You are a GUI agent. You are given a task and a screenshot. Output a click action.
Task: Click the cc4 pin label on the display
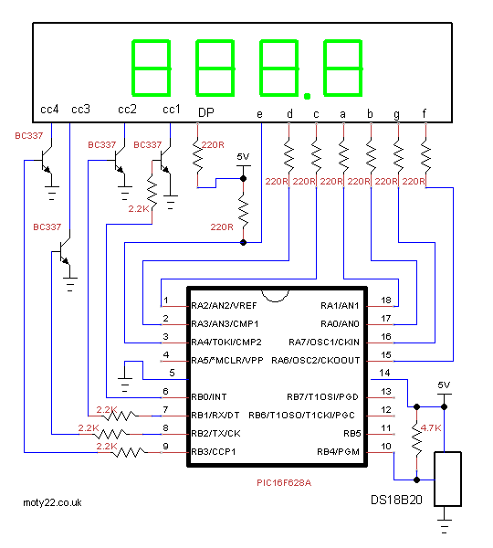pyautogui.click(x=49, y=110)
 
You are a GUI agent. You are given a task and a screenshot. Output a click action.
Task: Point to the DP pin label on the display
pyautogui.click(x=206, y=111)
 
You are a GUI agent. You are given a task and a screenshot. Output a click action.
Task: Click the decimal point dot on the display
pyautogui.click(x=307, y=94)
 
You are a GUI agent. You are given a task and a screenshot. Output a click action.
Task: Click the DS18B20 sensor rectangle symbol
pyautogui.click(x=448, y=478)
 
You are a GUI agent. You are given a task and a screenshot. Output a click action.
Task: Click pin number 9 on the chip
pyautogui.click(x=165, y=448)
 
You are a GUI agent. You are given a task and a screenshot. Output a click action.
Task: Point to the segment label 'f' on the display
pyautogui.click(x=424, y=113)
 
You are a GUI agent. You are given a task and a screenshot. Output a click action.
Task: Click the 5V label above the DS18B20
pyautogui.click(x=445, y=385)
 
